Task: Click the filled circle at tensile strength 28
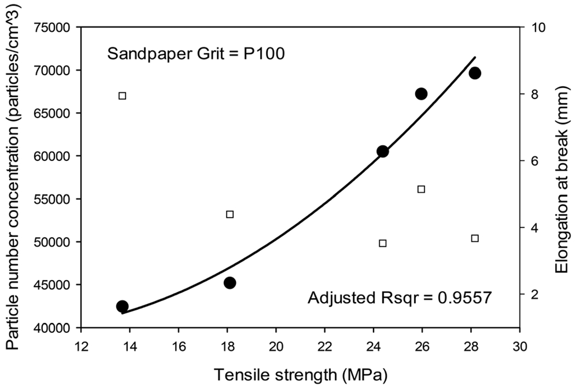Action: pos(475,73)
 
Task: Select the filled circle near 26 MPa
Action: pos(421,94)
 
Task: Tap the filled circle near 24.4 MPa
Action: pos(383,152)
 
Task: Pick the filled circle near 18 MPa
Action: pos(230,282)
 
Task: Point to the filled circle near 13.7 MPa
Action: pos(122,306)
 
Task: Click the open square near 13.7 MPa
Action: pos(122,96)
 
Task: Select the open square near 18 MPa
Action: pos(230,214)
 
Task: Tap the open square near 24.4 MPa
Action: pos(383,243)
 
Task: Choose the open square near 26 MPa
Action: pos(421,189)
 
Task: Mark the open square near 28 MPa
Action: pos(475,238)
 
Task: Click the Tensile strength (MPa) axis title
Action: pos(301,376)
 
